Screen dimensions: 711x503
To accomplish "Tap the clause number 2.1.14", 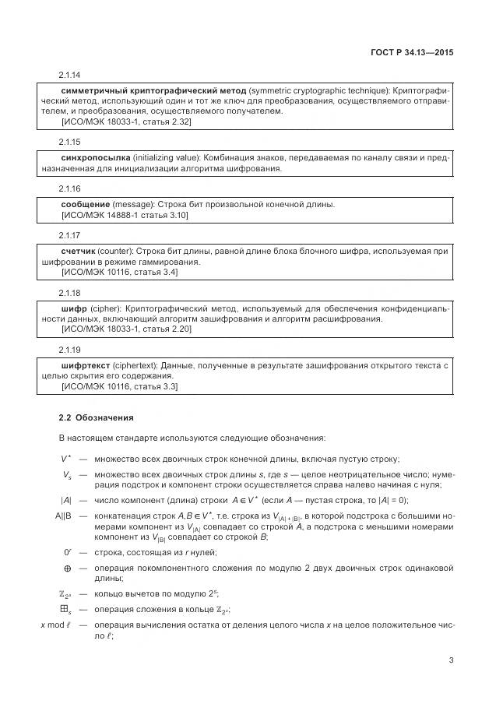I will tap(70, 76).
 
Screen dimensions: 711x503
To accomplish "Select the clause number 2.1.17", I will tap(70, 235).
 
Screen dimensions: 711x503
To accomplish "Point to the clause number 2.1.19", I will tap(70, 349).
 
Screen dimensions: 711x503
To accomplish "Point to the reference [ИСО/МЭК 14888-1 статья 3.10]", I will tap(125, 215).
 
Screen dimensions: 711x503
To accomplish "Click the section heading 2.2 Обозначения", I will tap(97, 417).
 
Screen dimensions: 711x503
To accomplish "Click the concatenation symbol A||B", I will tap(63, 516).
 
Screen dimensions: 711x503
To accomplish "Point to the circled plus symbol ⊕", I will tap(67, 568).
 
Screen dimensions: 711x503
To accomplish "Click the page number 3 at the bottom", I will tap(451, 661).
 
